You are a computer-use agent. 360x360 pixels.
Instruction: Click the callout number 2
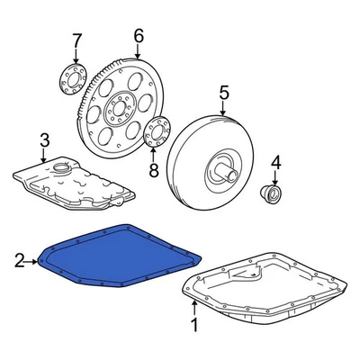(x=19, y=262)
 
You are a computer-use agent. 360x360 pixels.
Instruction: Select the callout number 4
(x=277, y=162)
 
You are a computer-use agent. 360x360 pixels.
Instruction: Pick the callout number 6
(x=138, y=36)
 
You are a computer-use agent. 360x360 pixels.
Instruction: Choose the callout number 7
(x=76, y=40)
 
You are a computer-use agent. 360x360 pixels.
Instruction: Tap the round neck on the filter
(x=61, y=166)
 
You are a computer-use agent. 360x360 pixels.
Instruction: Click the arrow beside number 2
(x=33, y=262)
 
